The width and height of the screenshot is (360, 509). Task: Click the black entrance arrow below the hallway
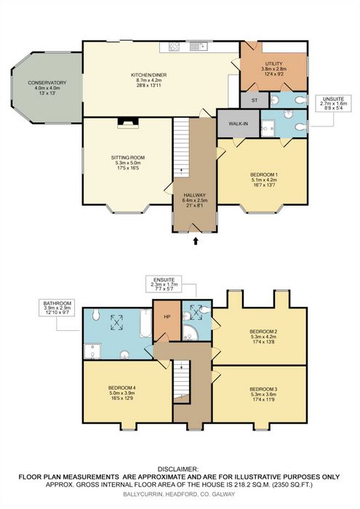[196, 241]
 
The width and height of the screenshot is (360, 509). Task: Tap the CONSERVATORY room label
[47, 83]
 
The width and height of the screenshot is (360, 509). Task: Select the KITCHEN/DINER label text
[149, 75]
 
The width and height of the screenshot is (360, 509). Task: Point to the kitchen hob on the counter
[175, 47]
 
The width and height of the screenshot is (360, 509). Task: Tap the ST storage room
[255, 100]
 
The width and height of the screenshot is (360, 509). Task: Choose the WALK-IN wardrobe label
[239, 124]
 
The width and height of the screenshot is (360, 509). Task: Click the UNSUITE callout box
[333, 103]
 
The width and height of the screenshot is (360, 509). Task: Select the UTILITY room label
[273, 64]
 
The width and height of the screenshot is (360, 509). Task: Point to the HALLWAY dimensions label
[194, 200]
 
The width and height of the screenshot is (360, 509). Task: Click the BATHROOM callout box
[57, 308]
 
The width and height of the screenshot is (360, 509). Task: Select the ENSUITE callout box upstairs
[164, 284]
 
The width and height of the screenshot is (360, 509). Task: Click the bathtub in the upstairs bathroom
[145, 324]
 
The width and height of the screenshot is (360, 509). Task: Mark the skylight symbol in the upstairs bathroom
[117, 322]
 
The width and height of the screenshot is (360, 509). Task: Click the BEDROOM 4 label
[121, 388]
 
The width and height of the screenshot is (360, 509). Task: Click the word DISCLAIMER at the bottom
[178, 469]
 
